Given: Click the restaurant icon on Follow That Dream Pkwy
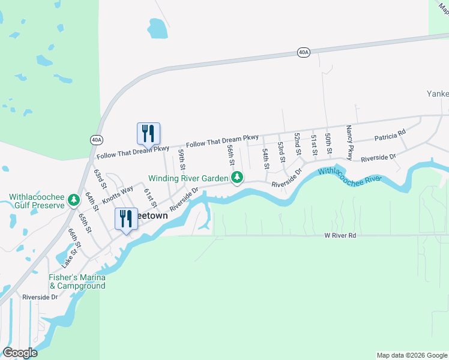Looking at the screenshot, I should pyautogui.click(x=149, y=134).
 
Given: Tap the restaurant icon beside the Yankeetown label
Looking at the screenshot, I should pyautogui.click(x=126, y=219).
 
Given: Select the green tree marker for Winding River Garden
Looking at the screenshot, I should pyautogui.click(x=238, y=178).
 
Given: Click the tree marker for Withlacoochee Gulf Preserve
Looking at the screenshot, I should pyautogui.click(x=74, y=199).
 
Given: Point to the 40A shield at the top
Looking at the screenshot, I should pyautogui.click(x=304, y=53).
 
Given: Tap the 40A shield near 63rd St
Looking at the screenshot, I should pyautogui.click(x=97, y=140).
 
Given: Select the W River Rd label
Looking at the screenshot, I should pyautogui.click(x=340, y=236).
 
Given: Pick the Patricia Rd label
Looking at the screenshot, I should pyautogui.click(x=390, y=136).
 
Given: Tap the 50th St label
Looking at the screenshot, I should pyautogui.click(x=328, y=144).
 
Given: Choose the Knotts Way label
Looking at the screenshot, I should pyautogui.click(x=118, y=194).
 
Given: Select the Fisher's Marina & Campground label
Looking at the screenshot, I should pyautogui.click(x=77, y=281).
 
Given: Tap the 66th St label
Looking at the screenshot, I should pyautogui.click(x=74, y=239).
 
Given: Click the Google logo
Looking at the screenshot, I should pyautogui.click(x=20, y=353).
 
